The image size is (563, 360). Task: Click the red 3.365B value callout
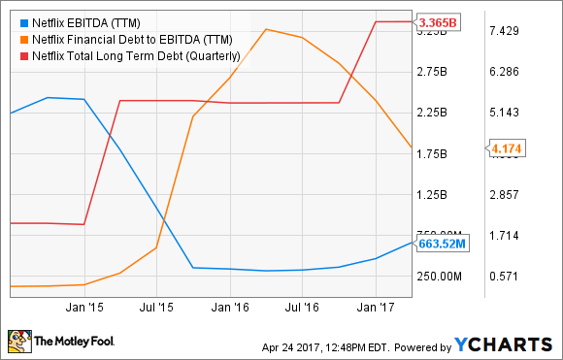(436, 21)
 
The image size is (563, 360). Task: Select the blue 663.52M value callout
(444, 244)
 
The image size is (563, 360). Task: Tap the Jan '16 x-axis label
(228, 306)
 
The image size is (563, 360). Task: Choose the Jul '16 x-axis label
(301, 306)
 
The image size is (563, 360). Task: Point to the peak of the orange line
(265, 29)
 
